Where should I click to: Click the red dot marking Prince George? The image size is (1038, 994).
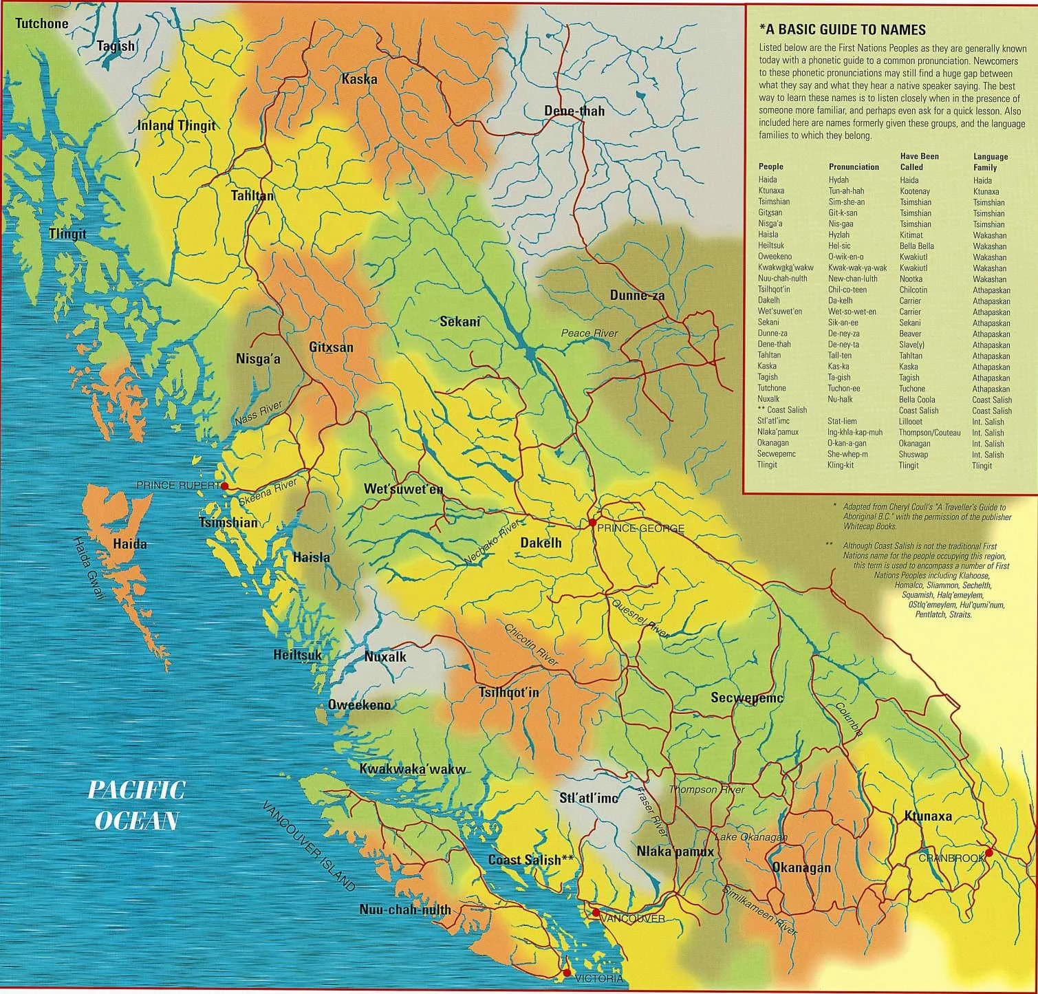pyautogui.click(x=592, y=523)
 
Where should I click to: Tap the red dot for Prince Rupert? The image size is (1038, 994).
pyautogui.click(x=224, y=486)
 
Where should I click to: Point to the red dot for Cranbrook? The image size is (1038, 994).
pyautogui.click(x=988, y=853)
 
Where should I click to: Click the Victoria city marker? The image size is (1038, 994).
pyautogui.click(x=566, y=973)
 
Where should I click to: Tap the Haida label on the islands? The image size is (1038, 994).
pyautogui.click(x=130, y=544)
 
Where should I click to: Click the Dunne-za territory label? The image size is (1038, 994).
pyautogui.click(x=637, y=296)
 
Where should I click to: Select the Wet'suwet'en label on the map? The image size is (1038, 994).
pyautogui.click(x=403, y=489)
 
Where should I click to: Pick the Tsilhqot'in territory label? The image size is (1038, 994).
pyautogui.click(x=508, y=693)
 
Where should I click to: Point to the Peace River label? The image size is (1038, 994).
pyautogui.click(x=589, y=334)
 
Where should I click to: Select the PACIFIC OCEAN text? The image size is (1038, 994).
pyautogui.click(x=136, y=805)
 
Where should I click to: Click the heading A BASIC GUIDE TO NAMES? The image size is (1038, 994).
pyautogui.click(x=843, y=30)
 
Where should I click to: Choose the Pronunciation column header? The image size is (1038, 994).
pyautogui.click(x=854, y=166)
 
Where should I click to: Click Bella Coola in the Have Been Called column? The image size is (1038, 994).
pyautogui.click(x=917, y=399)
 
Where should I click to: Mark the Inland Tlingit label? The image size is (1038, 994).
pyautogui.click(x=176, y=125)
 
